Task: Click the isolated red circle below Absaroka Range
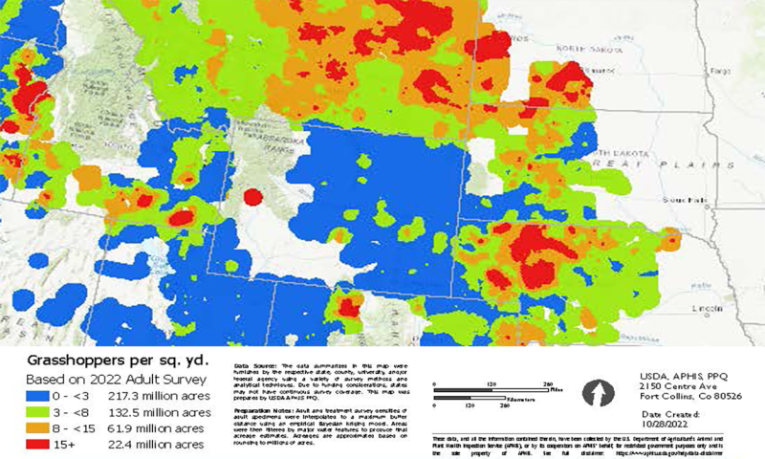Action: [x=252, y=198]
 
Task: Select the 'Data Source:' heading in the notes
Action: [x=254, y=366]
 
